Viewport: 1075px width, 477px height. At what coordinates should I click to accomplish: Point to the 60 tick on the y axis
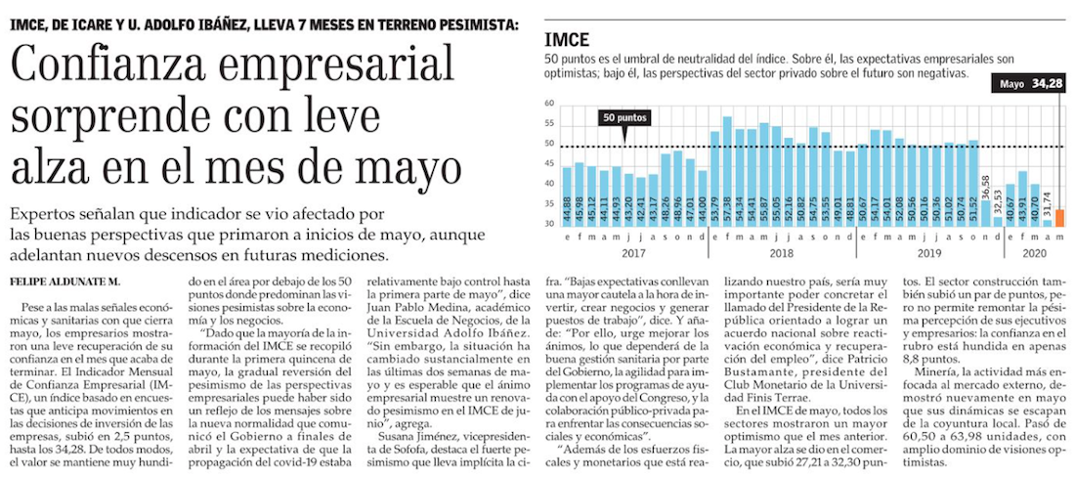coord(550,104)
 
